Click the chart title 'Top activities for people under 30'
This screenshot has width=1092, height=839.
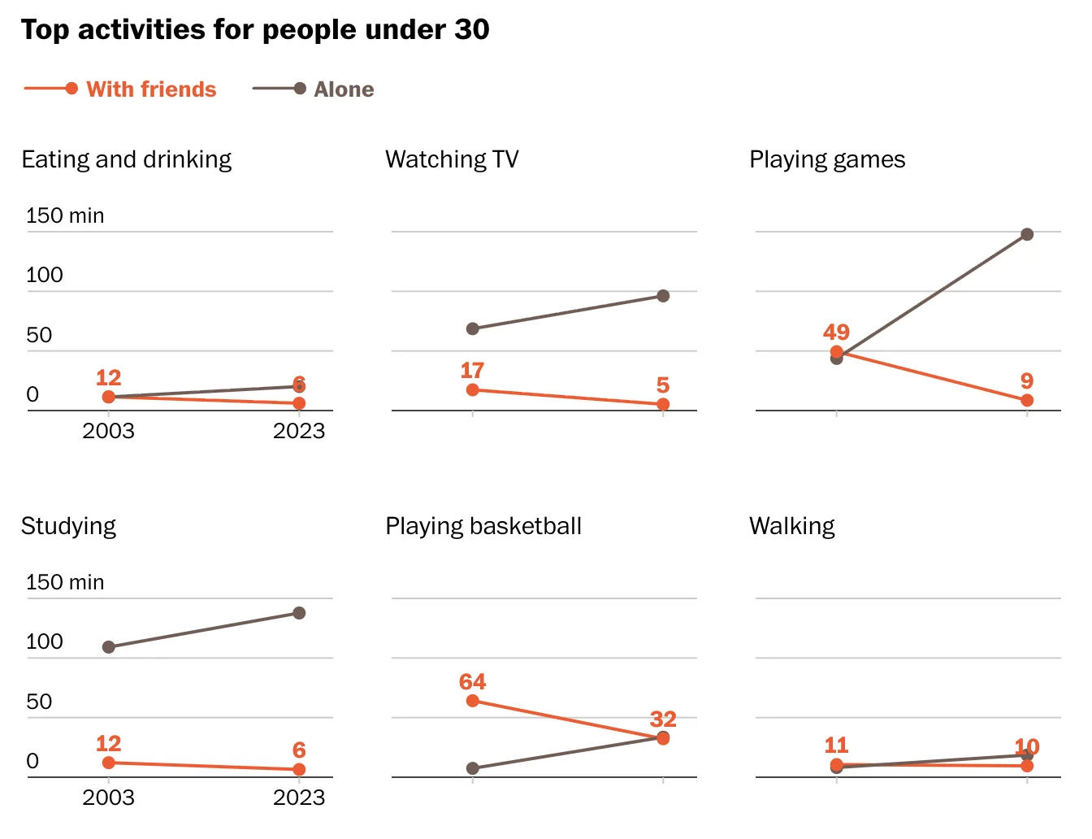(255, 30)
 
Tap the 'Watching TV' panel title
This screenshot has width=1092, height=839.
(452, 159)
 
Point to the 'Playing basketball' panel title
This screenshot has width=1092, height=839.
(483, 526)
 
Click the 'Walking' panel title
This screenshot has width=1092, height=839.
(792, 526)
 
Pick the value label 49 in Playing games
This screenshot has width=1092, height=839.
(836, 332)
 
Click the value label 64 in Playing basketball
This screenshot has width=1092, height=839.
(472, 681)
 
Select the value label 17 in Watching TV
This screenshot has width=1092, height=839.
(472, 371)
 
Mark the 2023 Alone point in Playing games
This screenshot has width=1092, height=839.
(1027, 234)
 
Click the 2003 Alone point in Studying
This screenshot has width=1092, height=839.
(109, 647)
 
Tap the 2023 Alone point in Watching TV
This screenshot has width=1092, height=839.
(663, 296)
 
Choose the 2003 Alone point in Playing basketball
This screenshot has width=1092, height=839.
(473, 768)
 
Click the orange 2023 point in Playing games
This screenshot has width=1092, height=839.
(1027, 400)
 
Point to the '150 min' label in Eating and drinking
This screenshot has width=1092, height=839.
(65, 215)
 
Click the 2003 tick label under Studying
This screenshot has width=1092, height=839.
(108, 798)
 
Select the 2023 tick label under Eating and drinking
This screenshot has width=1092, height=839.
(299, 431)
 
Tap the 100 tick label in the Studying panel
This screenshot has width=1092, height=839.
(45, 641)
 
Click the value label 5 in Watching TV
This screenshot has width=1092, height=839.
(663, 385)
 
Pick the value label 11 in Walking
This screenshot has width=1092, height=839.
(836, 745)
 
